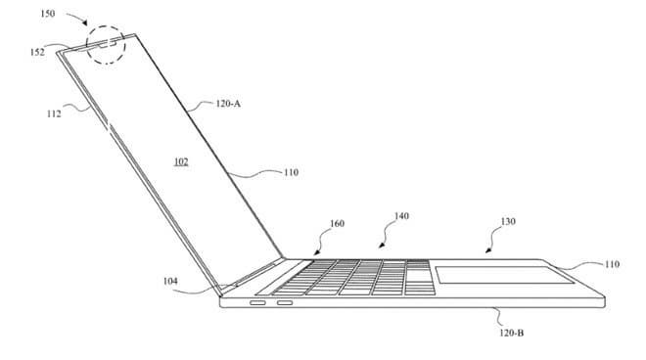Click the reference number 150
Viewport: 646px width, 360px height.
(x=47, y=14)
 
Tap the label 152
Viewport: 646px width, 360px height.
(x=37, y=52)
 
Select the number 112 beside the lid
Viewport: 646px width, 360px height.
(x=54, y=113)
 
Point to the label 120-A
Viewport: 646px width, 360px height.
(x=228, y=104)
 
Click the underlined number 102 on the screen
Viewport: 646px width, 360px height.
(x=181, y=161)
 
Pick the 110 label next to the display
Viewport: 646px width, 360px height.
(x=291, y=172)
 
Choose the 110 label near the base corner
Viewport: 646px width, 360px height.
(x=612, y=264)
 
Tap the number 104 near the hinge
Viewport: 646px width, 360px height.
(x=170, y=281)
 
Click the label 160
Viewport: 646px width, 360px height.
(x=337, y=224)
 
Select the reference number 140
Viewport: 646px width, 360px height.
(x=401, y=216)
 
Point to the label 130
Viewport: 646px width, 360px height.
(x=508, y=222)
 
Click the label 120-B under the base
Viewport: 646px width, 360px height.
(x=511, y=333)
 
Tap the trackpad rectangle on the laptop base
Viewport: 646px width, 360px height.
(x=504, y=275)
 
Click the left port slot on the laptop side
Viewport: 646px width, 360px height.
(x=257, y=303)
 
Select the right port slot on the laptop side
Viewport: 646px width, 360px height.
(x=285, y=303)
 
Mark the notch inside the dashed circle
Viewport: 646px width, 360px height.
(x=107, y=43)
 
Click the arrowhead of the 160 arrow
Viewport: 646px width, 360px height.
(x=316, y=252)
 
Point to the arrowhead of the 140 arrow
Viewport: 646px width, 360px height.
(x=382, y=246)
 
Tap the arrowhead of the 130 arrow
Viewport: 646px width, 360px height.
(x=488, y=249)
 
